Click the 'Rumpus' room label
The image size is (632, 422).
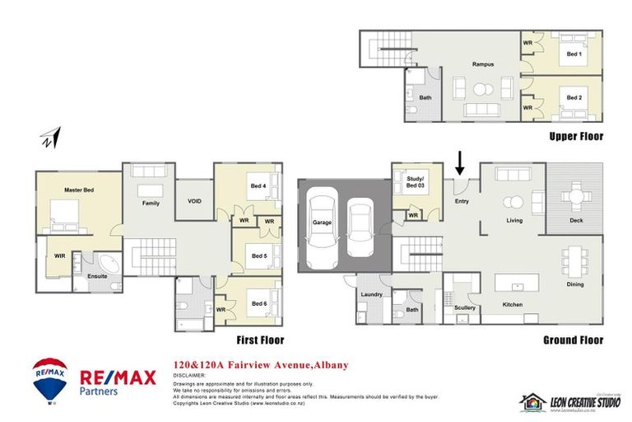point(482,63)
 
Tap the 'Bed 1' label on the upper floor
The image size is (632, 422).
point(574,54)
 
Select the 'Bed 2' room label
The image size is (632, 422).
point(574,98)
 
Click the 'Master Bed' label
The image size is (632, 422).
point(79,190)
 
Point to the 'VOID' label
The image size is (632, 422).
point(194,200)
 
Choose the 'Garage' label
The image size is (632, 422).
point(320,223)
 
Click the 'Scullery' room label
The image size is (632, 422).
point(465,308)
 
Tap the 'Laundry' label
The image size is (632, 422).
point(370,293)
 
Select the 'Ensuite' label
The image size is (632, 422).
point(98,275)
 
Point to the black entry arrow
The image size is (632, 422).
point(460,163)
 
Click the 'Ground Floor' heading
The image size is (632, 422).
point(573,340)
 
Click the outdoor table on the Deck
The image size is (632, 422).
point(576,196)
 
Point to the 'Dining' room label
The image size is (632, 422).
point(574,284)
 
